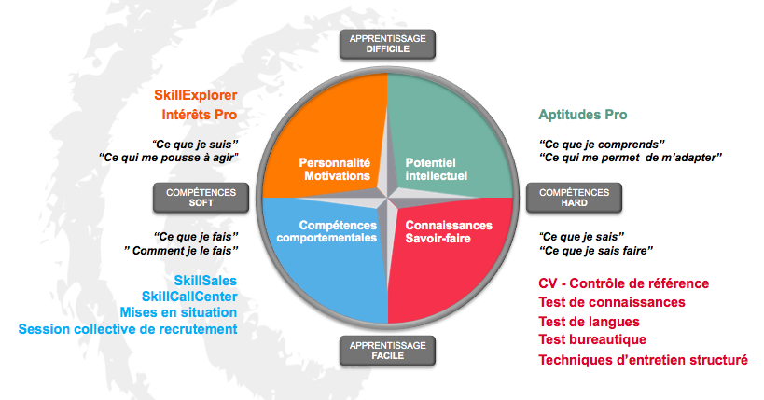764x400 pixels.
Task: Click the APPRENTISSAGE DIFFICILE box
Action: tap(387, 45)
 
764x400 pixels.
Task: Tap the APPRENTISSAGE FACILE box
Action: tap(387, 351)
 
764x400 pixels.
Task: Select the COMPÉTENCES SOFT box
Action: tap(201, 198)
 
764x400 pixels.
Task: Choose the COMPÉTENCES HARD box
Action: tap(574, 198)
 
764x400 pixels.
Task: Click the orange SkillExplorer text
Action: tap(195, 95)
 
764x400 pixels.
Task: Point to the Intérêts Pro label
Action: tap(200, 115)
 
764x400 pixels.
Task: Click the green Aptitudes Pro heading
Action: tap(583, 115)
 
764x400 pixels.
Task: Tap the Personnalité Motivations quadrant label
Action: tap(335, 169)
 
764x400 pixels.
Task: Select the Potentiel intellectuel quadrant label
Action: tap(436, 169)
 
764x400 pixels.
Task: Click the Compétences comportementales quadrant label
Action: tap(326, 231)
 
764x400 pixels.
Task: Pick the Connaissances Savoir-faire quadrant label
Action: tap(449, 231)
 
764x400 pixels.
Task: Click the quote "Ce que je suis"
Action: tap(195, 145)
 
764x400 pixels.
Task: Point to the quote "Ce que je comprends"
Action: tap(602, 145)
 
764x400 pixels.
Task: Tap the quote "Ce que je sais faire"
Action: tap(596, 251)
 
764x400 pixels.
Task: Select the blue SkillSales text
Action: tap(205, 281)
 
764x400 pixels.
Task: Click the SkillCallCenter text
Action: tap(189, 297)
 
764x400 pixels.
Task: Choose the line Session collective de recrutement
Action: tap(128, 329)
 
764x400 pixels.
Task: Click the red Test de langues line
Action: tap(589, 322)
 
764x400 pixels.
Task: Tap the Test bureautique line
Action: tap(592, 339)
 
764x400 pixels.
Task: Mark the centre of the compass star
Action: tap(387, 198)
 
